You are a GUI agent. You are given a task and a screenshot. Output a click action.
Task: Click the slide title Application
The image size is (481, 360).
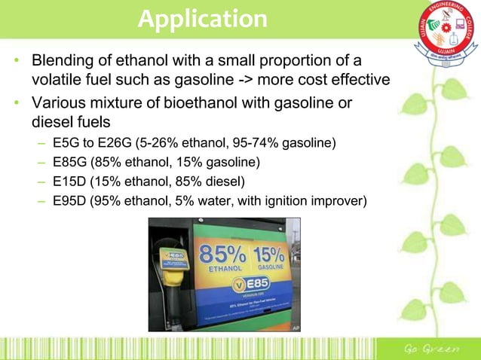(202, 19)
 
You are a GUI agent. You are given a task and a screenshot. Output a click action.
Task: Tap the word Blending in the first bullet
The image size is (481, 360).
(63, 60)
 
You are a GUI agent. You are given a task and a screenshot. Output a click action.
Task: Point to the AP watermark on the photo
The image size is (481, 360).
(295, 327)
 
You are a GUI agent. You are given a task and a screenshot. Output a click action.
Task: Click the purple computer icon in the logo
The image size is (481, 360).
(454, 33)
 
